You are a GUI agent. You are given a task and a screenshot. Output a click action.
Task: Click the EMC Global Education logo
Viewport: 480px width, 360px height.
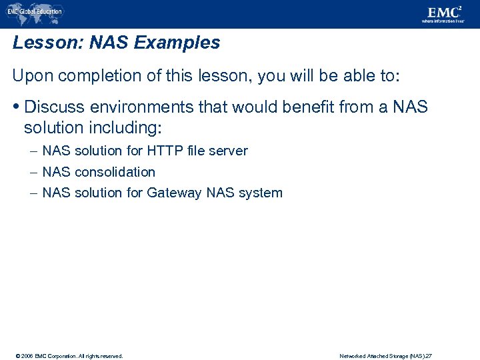click(x=35, y=11)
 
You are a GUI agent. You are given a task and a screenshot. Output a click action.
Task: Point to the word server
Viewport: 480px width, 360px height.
click(x=228, y=151)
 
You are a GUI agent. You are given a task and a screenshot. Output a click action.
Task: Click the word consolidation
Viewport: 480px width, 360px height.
click(x=115, y=172)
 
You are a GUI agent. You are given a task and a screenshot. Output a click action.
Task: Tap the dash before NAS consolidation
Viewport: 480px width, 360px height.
click(x=33, y=172)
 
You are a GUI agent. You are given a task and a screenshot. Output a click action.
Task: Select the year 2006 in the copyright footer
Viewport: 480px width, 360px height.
click(x=26, y=356)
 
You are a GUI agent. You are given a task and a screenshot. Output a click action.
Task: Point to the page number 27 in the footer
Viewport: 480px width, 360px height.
click(x=429, y=356)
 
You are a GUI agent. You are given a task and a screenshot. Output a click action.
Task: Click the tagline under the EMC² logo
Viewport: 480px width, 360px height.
click(x=442, y=21)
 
